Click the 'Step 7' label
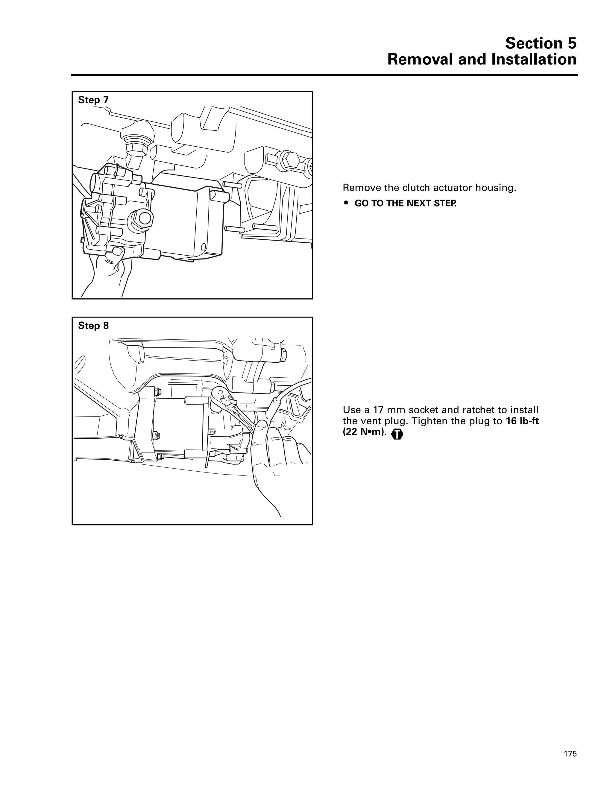pyautogui.click(x=93, y=100)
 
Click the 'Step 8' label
pyautogui.click(x=93, y=326)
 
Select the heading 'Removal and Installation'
pyautogui.click(x=482, y=59)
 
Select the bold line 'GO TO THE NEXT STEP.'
pyautogui.click(x=405, y=203)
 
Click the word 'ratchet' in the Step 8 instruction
pyautogui.click(x=482, y=410)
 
